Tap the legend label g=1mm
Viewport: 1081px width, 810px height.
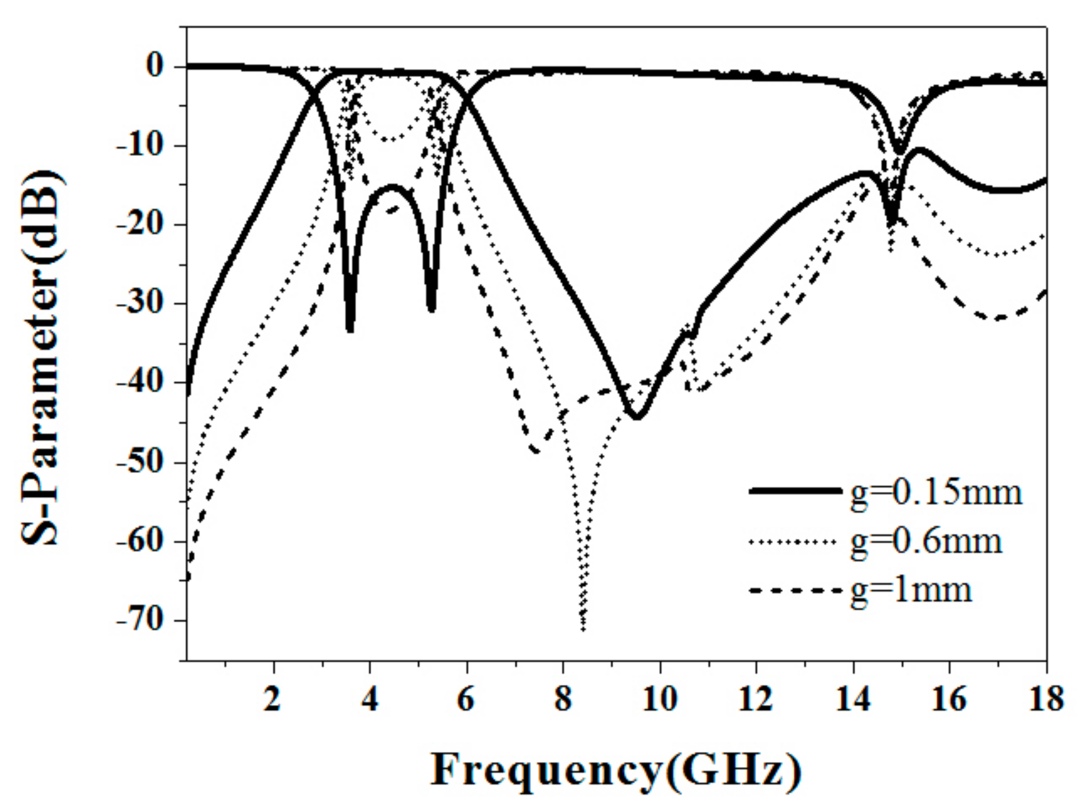pos(911,589)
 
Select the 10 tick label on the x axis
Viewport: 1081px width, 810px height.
pos(659,700)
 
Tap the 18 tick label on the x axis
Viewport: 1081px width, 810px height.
pos(1045,700)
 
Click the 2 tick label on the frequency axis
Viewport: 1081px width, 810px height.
pos(273,700)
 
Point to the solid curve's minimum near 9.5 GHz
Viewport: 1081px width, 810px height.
pos(636,417)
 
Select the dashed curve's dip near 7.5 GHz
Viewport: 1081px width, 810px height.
pos(535,451)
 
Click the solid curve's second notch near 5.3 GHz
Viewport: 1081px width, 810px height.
pos(431,309)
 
